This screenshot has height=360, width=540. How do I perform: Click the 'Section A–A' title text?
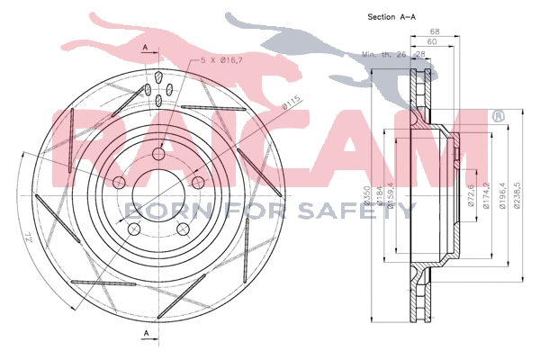click(391, 17)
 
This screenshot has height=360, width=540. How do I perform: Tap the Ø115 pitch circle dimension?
click(291, 105)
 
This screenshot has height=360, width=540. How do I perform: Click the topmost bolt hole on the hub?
click(159, 155)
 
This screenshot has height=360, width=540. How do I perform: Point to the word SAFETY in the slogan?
click(364, 210)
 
